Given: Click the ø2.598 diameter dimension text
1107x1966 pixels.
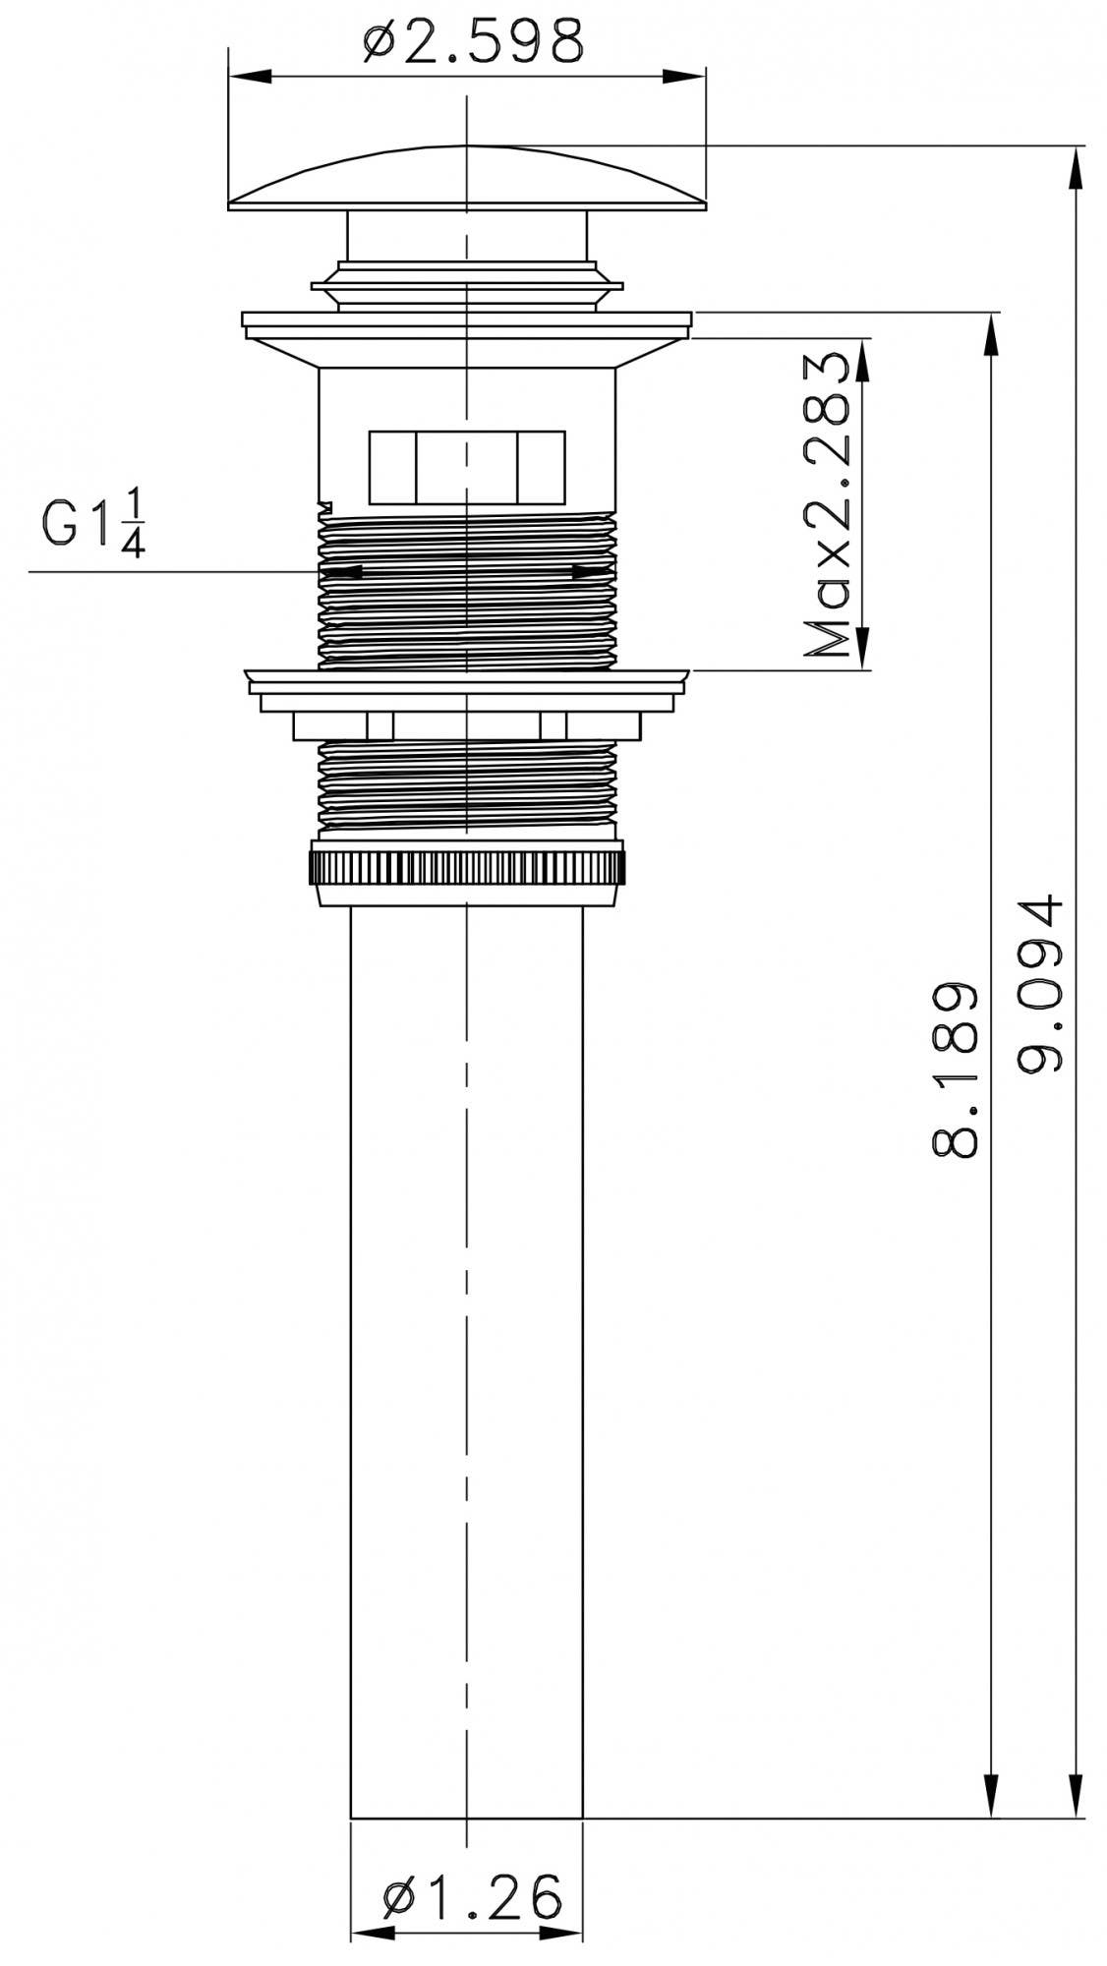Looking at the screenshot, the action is [x=472, y=41].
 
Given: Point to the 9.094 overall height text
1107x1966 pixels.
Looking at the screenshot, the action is [x=1040, y=984].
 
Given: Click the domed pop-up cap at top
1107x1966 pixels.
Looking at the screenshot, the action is [x=467, y=177].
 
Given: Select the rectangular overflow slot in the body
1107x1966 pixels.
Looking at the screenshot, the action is [x=467, y=467].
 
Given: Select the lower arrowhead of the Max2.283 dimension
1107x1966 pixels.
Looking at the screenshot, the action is [x=862, y=649].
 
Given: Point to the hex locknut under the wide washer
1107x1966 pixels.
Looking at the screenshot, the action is [x=467, y=725].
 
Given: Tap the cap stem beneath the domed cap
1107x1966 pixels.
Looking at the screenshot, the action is [x=467, y=236].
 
